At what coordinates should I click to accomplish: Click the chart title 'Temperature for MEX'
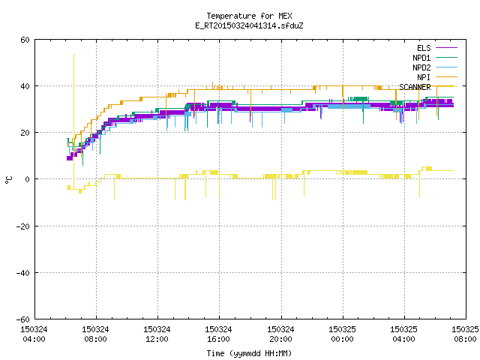[x=249, y=16]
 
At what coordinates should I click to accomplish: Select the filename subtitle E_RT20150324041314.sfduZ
[x=249, y=25]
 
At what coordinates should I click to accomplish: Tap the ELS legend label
[x=424, y=48]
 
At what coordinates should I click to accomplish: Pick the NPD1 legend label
[x=421, y=58]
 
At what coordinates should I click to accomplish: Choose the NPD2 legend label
[x=421, y=67]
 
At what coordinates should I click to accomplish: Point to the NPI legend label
[x=424, y=77]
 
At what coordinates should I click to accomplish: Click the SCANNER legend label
[x=415, y=87]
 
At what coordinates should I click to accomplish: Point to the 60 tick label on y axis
[x=25, y=40]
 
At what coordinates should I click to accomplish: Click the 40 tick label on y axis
[x=25, y=86]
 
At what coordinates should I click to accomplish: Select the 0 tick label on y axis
[x=28, y=179]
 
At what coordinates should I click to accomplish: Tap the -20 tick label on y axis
[x=23, y=226]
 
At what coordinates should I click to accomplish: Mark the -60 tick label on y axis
[x=23, y=319]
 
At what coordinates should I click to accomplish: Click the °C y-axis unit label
[x=8, y=180]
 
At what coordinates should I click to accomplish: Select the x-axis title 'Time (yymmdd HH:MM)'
[x=249, y=353]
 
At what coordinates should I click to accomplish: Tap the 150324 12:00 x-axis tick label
[x=157, y=334]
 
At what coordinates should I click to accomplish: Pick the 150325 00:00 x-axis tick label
[x=342, y=334]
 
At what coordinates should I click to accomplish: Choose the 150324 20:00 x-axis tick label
[x=280, y=334]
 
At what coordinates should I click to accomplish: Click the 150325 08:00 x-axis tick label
[x=465, y=334]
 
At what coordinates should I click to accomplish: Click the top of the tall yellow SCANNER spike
[x=73, y=54]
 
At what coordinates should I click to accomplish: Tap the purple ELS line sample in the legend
[x=446, y=48]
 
